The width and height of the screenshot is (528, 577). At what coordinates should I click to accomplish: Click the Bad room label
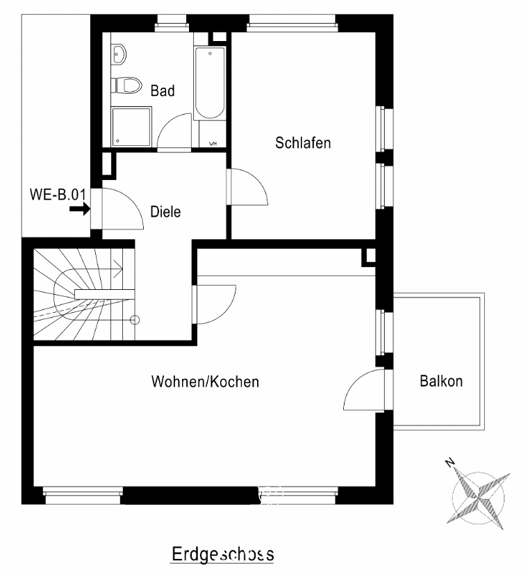point(163,90)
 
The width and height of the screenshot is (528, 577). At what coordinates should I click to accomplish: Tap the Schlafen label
point(303,143)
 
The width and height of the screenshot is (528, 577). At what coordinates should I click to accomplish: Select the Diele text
point(165,211)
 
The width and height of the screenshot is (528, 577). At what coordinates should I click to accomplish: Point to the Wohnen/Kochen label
point(205,382)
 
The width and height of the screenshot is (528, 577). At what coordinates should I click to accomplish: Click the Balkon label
point(441,381)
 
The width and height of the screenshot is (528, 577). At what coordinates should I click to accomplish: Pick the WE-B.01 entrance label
point(58,195)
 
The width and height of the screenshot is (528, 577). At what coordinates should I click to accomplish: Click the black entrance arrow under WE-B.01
point(80,209)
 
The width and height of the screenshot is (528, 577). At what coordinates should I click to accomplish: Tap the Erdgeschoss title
point(223,554)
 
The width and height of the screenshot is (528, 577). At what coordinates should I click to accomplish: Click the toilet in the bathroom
point(126,86)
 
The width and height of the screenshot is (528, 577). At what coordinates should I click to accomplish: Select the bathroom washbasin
point(119,54)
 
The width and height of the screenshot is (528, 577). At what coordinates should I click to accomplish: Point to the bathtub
point(210,83)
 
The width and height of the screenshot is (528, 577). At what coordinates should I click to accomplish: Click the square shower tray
point(131,127)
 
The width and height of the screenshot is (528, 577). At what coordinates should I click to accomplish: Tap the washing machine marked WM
point(213,134)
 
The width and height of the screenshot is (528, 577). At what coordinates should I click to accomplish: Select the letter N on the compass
point(449,462)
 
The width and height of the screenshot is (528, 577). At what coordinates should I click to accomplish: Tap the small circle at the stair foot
point(135,320)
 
